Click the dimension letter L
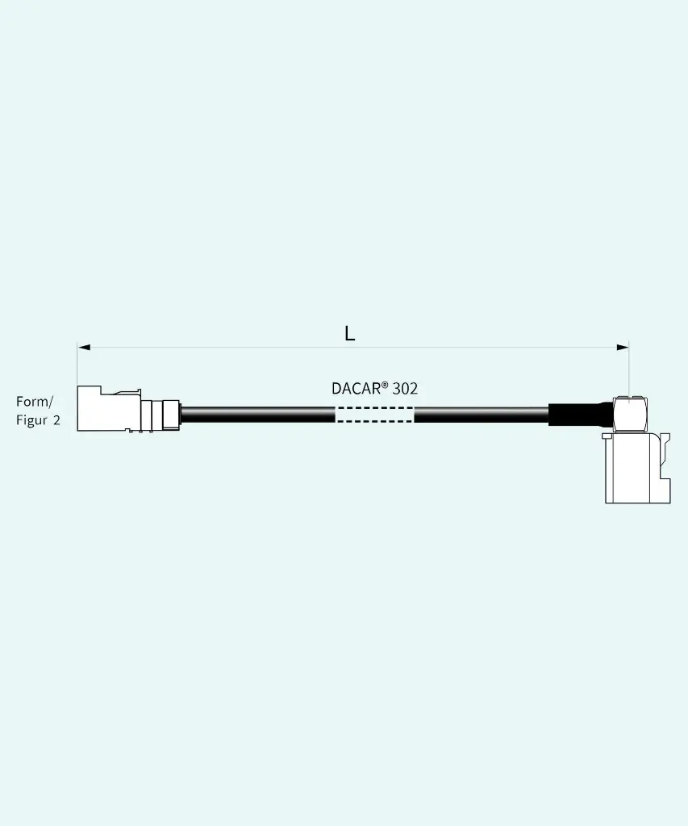click(349, 333)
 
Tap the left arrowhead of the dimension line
click(84, 347)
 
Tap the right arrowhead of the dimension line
click(622, 347)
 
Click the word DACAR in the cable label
click(357, 389)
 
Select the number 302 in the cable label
click(405, 389)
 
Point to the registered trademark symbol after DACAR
click(385, 385)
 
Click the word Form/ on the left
click(35, 402)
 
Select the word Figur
click(31, 419)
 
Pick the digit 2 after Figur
click(56, 420)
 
